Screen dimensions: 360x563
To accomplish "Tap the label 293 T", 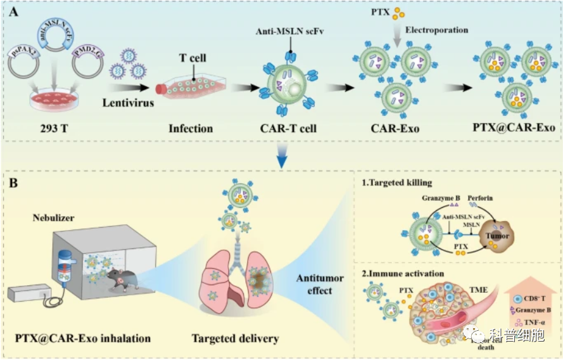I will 49,129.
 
